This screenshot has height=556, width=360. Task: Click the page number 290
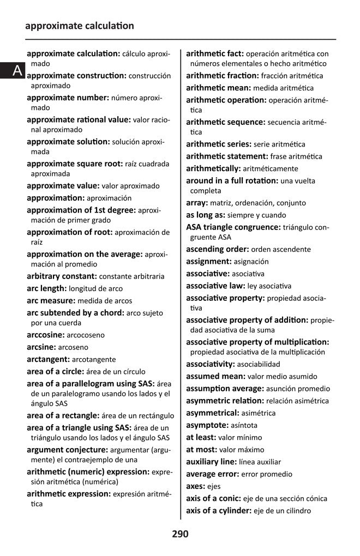180,534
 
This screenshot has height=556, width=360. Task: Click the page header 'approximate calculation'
79,26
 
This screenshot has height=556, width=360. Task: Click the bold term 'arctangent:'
48,359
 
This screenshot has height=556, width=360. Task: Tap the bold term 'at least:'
201,437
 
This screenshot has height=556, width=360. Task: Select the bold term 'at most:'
201,450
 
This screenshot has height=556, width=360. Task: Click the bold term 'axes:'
196,486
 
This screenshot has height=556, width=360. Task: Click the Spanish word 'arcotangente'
94,360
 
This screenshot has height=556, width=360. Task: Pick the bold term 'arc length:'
47,288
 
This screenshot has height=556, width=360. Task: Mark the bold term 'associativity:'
211,364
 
